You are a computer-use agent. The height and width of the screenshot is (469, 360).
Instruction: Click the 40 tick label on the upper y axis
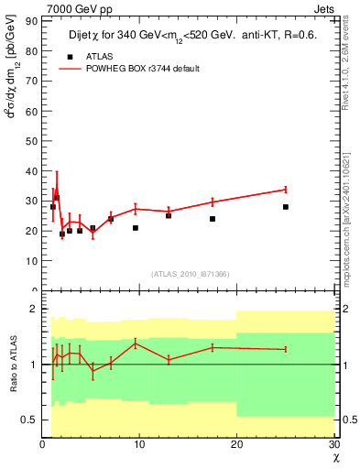click(33, 171)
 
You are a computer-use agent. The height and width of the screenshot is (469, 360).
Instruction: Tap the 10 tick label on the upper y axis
click(33, 260)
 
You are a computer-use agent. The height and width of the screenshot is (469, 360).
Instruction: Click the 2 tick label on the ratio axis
click(35, 309)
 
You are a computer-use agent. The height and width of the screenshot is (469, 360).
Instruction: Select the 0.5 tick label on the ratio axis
click(30, 420)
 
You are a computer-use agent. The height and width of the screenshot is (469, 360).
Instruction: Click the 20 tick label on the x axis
click(236, 444)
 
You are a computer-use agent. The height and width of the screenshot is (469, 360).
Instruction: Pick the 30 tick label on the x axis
click(333, 444)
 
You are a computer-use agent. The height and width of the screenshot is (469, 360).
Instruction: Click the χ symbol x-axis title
click(335, 456)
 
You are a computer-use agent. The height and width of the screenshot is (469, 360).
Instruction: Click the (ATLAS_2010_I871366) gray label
click(190, 274)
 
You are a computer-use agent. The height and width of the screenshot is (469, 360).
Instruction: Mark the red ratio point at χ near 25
click(286, 349)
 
